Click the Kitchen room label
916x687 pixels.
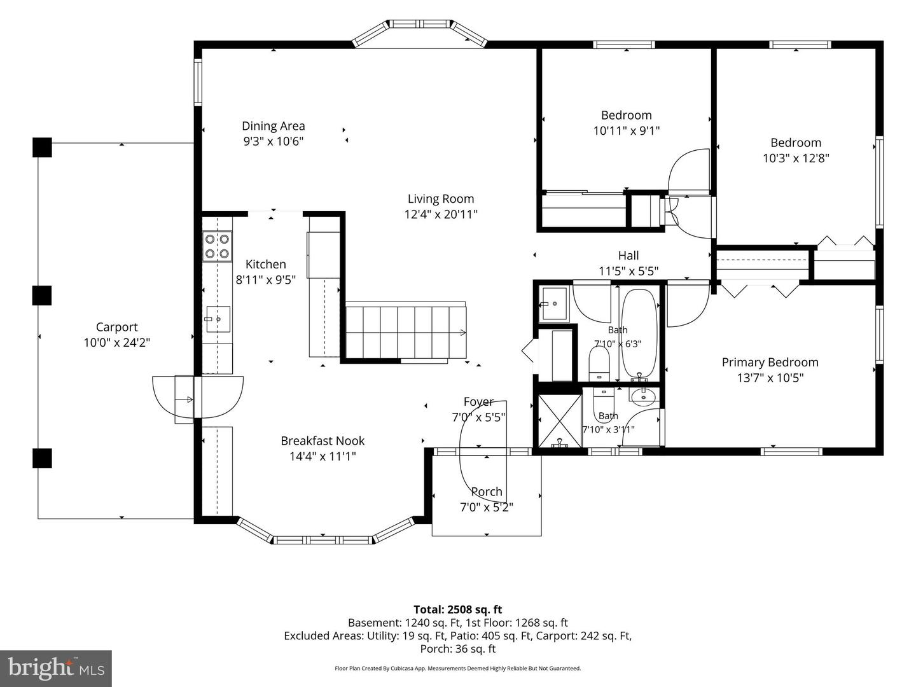(x=265, y=264)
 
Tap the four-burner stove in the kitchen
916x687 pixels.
(x=217, y=246)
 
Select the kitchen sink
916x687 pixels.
(x=218, y=319)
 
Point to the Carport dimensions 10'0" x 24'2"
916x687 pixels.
(x=117, y=342)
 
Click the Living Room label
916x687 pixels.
(x=441, y=198)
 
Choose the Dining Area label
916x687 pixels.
(x=274, y=125)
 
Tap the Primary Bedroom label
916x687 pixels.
(x=770, y=362)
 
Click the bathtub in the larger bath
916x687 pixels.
(x=639, y=334)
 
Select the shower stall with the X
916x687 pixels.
(x=560, y=421)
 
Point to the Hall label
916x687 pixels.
(x=628, y=255)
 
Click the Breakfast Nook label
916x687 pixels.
(x=323, y=440)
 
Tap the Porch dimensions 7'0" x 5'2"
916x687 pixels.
(x=487, y=507)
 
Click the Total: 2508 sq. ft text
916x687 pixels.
(x=458, y=609)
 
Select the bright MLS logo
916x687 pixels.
(x=56, y=669)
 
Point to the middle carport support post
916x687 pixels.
(x=42, y=295)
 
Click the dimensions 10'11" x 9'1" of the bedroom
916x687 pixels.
(x=627, y=131)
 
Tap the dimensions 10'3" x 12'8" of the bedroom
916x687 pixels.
(x=796, y=158)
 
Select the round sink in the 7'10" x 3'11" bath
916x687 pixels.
(x=644, y=397)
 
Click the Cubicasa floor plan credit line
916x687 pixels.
(x=458, y=668)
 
